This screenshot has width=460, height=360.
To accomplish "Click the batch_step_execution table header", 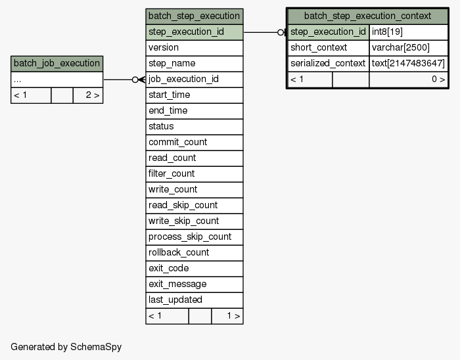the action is click(x=195, y=16).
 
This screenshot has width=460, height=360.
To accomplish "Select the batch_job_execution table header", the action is click(x=57, y=64).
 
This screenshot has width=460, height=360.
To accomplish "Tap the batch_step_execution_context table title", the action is click(x=367, y=16).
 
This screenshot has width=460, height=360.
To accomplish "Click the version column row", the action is click(x=195, y=48).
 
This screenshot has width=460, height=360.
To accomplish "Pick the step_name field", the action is click(x=195, y=64).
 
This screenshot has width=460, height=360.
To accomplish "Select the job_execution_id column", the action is click(x=195, y=79).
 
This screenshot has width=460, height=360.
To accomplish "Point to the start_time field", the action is click(x=195, y=95).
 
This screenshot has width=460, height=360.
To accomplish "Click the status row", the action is click(x=195, y=127).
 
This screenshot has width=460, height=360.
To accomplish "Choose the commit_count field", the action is click(x=195, y=143).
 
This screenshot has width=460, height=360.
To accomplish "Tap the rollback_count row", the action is click(x=195, y=253).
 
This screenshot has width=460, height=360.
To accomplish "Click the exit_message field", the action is click(x=195, y=284).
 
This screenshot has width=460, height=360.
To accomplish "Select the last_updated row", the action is click(x=195, y=300).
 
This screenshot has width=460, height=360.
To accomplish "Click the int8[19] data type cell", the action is click(x=408, y=32).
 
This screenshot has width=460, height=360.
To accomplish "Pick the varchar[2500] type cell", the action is click(x=408, y=48).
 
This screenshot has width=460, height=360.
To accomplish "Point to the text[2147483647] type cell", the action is click(x=408, y=64).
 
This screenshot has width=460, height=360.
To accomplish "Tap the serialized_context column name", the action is click(x=329, y=64).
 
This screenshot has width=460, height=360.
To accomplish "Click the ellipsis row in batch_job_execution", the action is click(x=57, y=79).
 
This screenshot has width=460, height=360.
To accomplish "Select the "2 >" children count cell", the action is click(x=88, y=95).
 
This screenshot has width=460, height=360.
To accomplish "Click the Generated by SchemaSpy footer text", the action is click(x=66, y=347).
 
